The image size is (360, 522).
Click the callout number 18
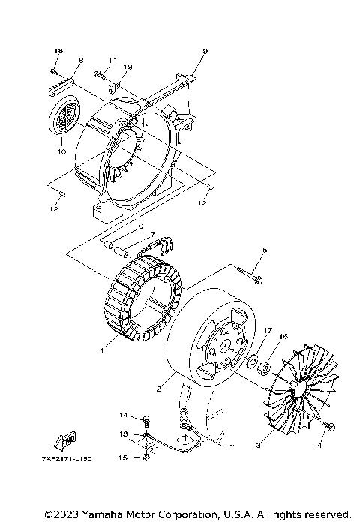pyautogui.click(x=56, y=50)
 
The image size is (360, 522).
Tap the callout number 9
pyautogui.click(x=204, y=51)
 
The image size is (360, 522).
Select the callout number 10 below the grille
pyautogui.click(x=62, y=151)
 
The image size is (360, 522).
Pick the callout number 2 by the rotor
pyautogui.click(x=159, y=388)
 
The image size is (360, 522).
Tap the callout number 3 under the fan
pyautogui.click(x=259, y=445)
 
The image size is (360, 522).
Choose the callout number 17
pyautogui.click(x=266, y=330)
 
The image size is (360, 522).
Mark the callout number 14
pyautogui.click(x=124, y=415)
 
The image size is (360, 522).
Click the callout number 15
pyautogui.click(x=124, y=456)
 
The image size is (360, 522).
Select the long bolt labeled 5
pyautogui.click(x=250, y=276)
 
